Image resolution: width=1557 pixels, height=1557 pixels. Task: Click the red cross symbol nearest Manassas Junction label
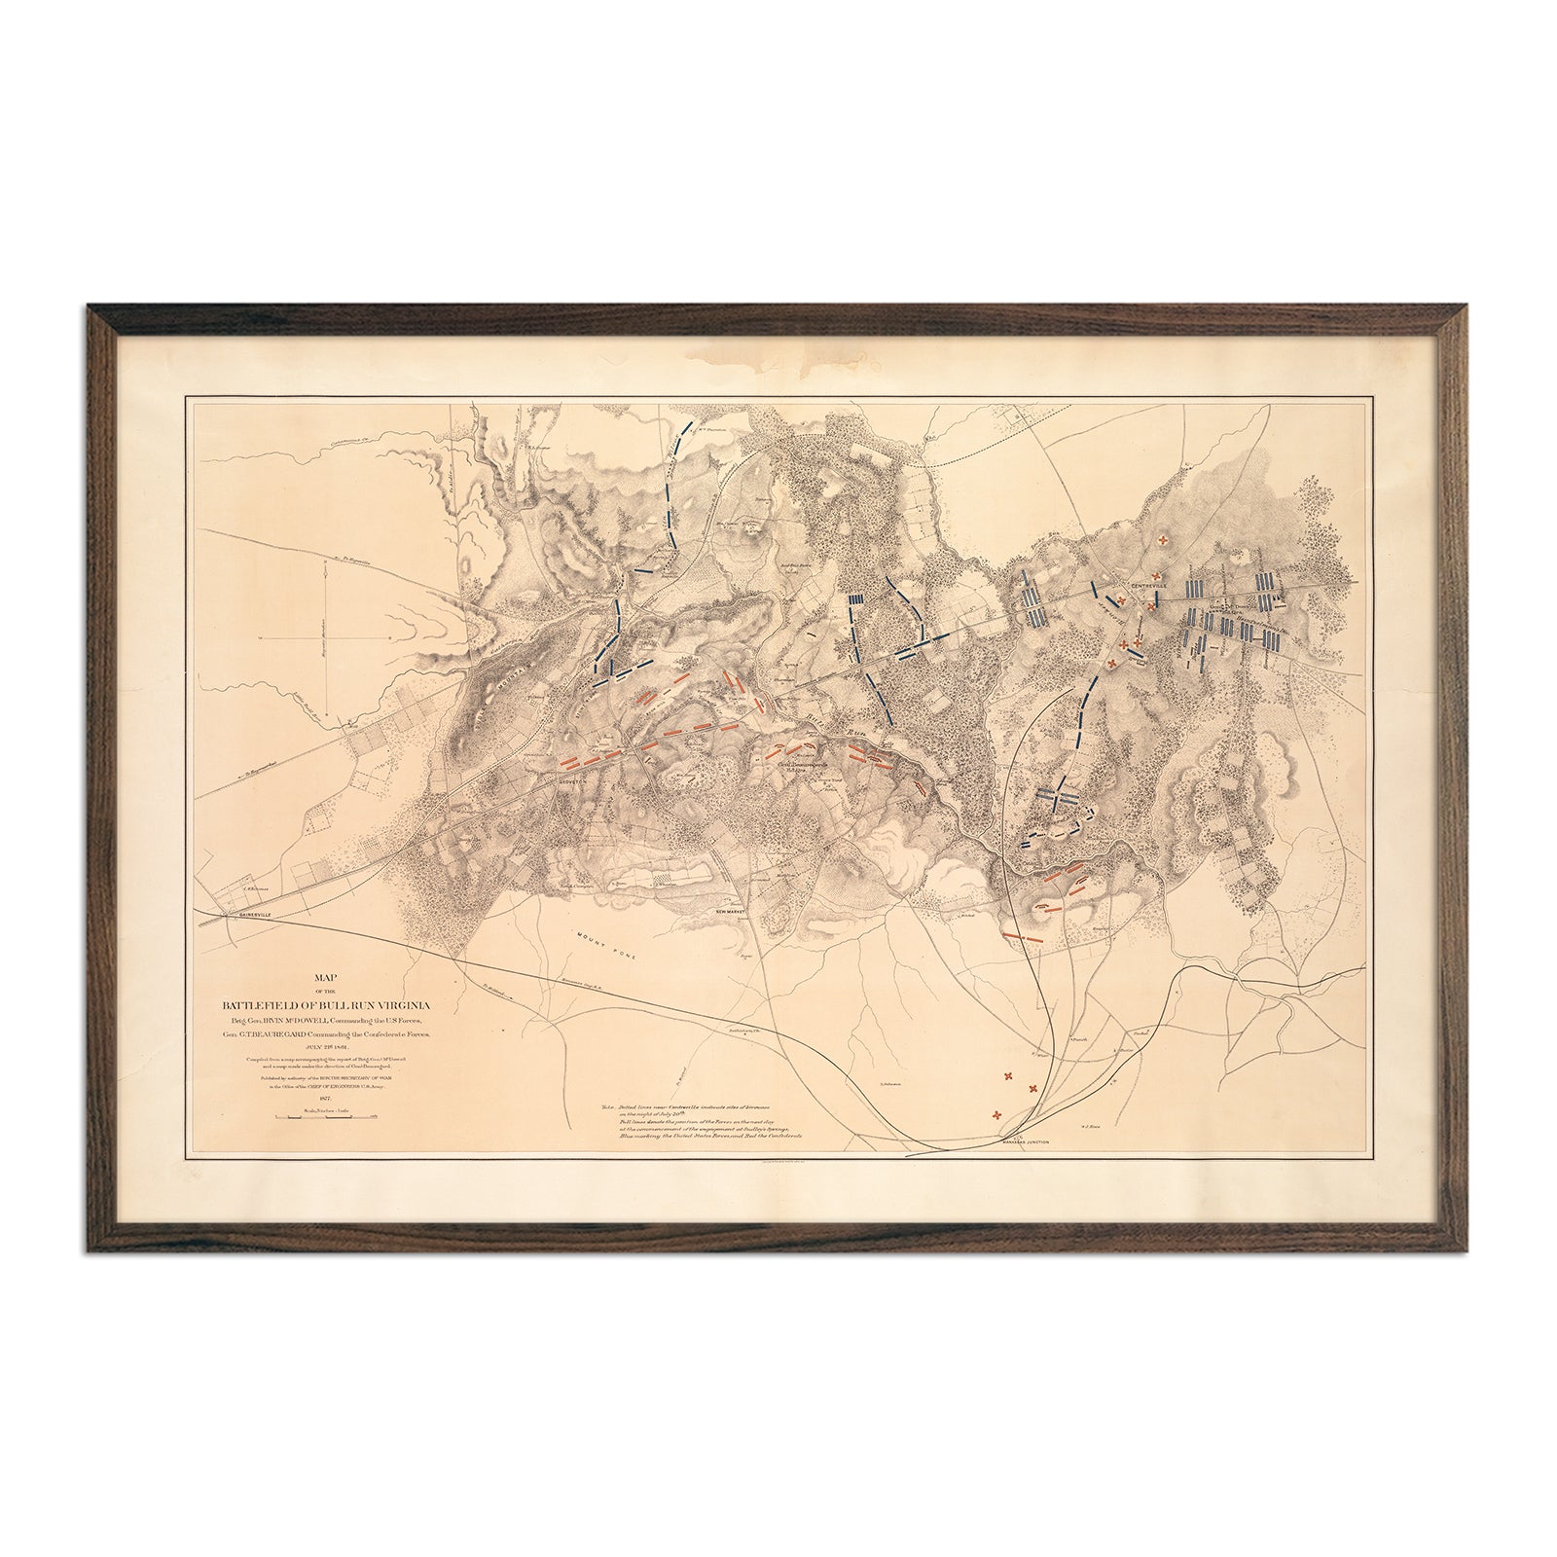point(996,1115)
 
